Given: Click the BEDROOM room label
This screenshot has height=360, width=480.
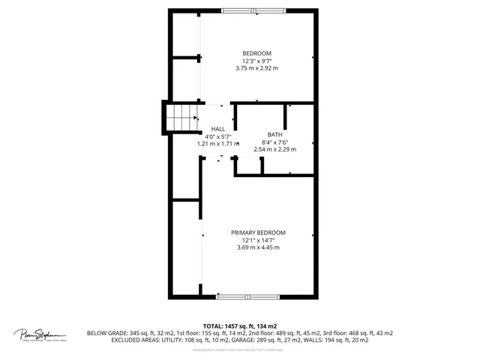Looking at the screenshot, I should (256, 52).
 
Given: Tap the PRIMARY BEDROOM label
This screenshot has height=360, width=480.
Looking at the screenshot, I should (258, 232).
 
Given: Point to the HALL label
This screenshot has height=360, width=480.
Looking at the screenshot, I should (217, 129).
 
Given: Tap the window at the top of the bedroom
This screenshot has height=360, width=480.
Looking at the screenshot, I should (248, 10).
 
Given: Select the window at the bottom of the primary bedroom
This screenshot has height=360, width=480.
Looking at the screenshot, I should (247, 297).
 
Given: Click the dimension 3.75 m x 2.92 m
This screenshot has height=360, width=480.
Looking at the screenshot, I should (256, 67).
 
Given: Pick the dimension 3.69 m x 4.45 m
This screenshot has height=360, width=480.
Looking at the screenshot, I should (258, 247).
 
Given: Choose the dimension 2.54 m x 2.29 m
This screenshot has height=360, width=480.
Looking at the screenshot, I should (275, 148).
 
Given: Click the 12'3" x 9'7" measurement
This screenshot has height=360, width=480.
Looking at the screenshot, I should (256, 60).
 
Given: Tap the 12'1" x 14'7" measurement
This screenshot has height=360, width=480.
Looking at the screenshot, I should (258, 240).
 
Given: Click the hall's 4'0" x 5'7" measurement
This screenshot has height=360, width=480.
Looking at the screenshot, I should (217, 136).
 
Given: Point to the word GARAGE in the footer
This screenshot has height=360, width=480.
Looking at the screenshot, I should (265, 340).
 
